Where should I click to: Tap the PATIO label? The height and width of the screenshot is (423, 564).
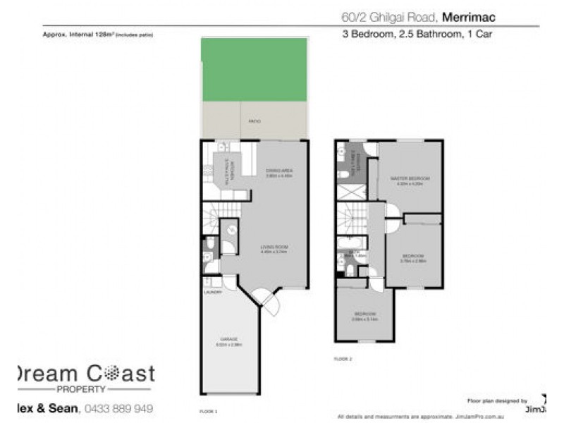(x=255, y=122)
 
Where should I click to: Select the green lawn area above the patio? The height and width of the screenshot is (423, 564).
(x=255, y=69)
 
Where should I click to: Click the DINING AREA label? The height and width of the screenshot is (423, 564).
(x=279, y=172)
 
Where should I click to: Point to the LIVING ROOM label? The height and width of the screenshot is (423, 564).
(x=274, y=247)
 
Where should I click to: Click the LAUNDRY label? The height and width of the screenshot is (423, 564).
(x=212, y=291)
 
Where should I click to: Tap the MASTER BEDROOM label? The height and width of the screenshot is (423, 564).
(x=410, y=178)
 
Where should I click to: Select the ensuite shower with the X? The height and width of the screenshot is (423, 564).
(x=349, y=191)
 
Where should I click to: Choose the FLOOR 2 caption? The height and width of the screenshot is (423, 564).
(x=343, y=359)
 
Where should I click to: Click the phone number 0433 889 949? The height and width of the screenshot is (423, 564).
(x=118, y=408)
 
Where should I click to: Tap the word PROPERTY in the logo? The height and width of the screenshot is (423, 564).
(x=82, y=388)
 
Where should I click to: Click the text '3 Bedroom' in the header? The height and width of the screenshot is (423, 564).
(x=362, y=33)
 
